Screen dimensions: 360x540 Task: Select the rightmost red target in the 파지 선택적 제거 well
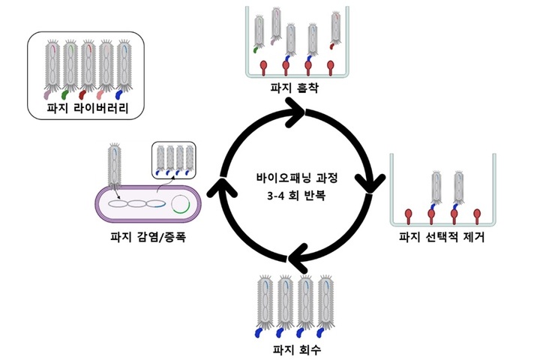[x=479, y=215]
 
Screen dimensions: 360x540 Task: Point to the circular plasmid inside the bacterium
[x=181, y=205]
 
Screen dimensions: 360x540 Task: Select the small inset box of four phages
[x=173, y=160]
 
